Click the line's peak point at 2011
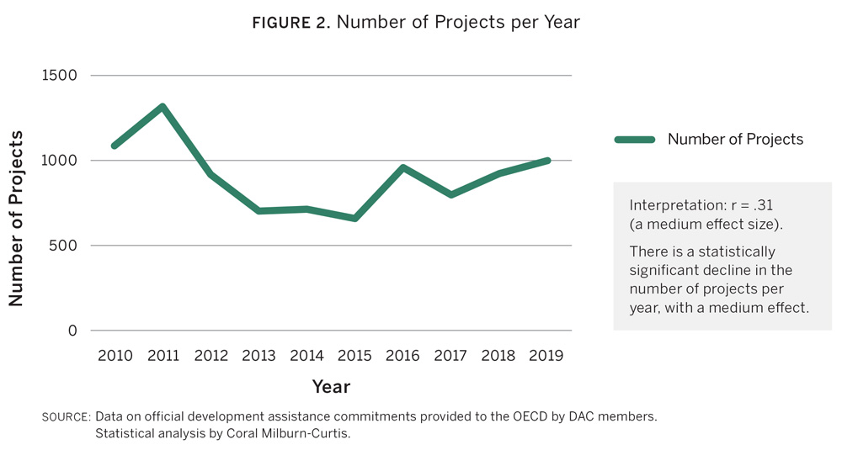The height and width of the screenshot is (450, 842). click(x=162, y=107)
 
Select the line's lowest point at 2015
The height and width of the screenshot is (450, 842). click(x=355, y=219)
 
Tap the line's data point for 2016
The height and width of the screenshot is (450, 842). click(x=403, y=168)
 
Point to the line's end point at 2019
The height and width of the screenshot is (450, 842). click(x=547, y=161)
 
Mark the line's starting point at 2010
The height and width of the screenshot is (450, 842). click(x=115, y=146)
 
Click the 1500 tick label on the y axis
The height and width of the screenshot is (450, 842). click(x=59, y=76)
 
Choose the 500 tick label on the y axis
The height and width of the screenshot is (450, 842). click(x=63, y=246)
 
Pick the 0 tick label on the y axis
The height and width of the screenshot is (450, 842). click(x=72, y=331)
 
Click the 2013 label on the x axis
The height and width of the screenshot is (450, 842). click(x=258, y=356)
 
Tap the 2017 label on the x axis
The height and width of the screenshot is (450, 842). click(x=451, y=356)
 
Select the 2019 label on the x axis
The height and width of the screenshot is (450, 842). click(x=546, y=356)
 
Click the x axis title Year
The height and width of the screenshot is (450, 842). click(x=331, y=387)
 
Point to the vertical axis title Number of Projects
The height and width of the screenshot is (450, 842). click(x=17, y=219)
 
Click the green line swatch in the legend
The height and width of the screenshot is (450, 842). click(x=635, y=140)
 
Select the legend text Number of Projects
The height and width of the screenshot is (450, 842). click(x=735, y=140)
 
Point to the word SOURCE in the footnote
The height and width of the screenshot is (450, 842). click(x=66, y=417)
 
